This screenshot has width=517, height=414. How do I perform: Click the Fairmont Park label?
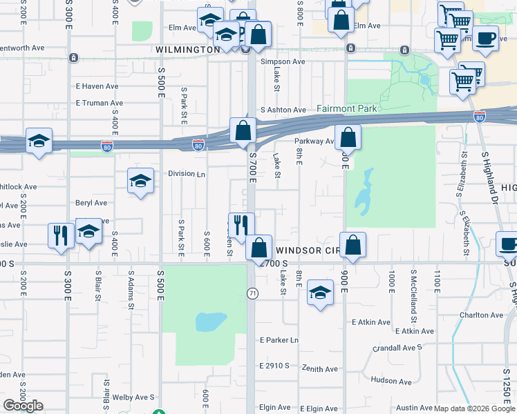347,108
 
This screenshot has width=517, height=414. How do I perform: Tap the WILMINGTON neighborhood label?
187,50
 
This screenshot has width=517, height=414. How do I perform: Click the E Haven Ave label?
97,86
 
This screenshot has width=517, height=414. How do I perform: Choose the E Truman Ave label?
99,103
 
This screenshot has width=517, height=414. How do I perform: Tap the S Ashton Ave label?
283,110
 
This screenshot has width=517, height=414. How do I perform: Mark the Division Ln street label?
187,174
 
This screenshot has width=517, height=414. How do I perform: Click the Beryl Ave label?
91,203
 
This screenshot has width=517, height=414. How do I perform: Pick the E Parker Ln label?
279,340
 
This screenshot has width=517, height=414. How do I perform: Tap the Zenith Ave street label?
321,369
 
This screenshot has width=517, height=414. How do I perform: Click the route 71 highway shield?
252,294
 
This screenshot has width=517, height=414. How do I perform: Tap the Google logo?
23,406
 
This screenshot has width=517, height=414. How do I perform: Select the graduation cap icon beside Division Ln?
141,181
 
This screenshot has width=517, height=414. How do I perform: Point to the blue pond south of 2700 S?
211,322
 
